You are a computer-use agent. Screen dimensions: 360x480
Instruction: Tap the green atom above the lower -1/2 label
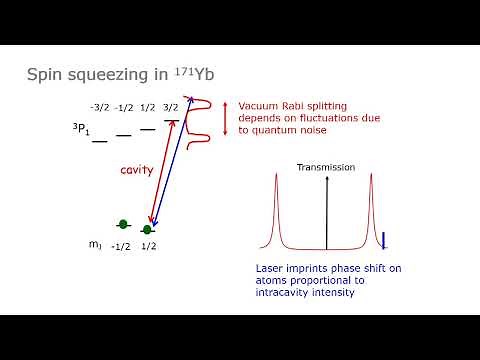tap(123, 224)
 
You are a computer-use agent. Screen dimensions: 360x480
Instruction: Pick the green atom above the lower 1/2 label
tap(147, 231)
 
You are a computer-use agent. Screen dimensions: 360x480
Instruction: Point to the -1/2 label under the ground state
tap(121, 247)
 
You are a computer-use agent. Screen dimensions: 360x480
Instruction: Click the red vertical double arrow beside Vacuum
tap(226, 118)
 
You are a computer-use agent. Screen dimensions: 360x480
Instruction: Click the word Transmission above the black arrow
tap(325, 167)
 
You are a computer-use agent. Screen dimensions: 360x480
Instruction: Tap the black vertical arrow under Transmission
tap(326, 210)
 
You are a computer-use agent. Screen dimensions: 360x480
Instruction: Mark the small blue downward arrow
tap(384, 240)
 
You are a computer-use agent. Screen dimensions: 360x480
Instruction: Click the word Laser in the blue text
tap(269, 268)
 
